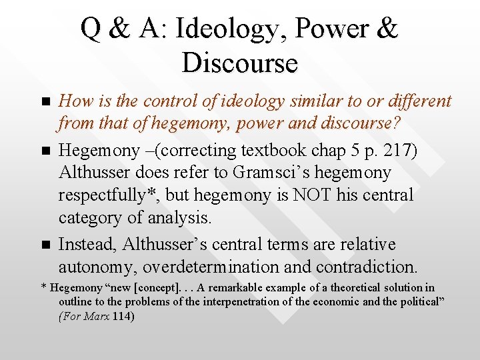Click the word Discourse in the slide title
[x=239, y=63]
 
